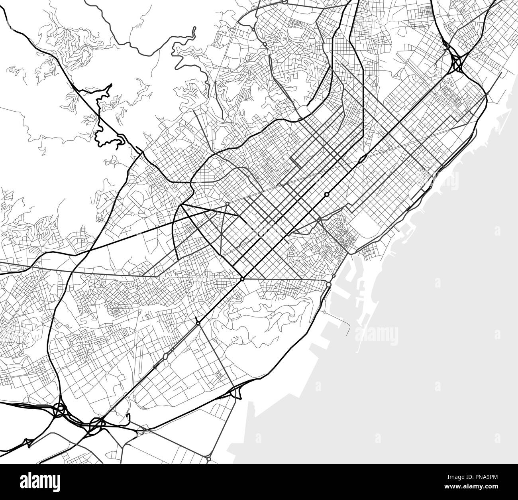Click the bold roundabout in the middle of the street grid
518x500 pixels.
coord(326,194)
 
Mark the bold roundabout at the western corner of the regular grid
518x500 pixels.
coord(242,279)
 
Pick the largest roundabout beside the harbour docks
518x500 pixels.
coord(328,285)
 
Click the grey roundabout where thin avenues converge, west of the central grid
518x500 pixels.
coord(227,204)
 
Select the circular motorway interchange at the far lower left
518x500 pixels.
coord(59,409)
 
